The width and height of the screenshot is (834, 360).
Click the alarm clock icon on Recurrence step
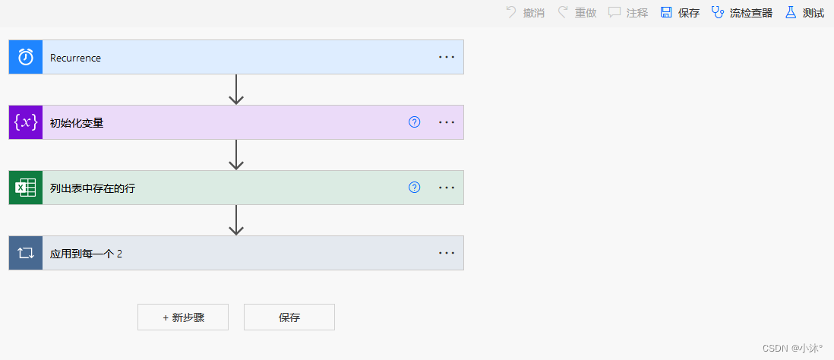point(26,57)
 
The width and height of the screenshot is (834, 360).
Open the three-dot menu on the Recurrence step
point(446,57)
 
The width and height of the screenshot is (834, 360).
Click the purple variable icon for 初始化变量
point(26,122)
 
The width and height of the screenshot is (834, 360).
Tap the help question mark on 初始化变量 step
point(414,122)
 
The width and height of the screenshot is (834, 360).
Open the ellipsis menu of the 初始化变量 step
point(446,122)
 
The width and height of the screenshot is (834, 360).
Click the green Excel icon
point(26,188)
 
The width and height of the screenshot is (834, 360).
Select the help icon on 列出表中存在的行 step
point(414,188)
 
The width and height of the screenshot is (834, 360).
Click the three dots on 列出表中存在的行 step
point(446,188)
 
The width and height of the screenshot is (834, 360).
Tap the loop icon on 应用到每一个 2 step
point(26,253)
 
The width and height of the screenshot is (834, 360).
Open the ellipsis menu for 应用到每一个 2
point(446,253)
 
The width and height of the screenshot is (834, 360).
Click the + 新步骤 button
point(183,317)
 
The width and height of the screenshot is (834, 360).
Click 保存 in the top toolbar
point(680,13)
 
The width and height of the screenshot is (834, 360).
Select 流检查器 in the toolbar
point(742,13)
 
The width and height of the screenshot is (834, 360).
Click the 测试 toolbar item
point(804,13)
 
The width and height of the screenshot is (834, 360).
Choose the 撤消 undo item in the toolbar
point(525,13)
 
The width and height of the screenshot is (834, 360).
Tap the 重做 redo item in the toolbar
point(577,13)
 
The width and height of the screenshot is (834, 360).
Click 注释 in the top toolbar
point(628,13)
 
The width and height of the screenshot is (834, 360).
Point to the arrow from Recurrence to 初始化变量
point(236,90)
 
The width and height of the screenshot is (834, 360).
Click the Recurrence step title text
point(75,58)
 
